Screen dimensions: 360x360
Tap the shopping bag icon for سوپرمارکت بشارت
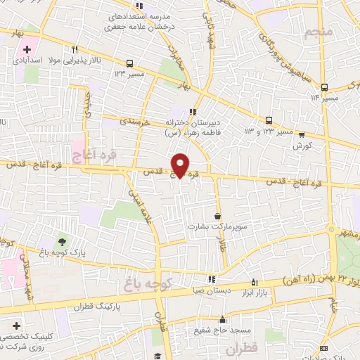(x=217, y=216)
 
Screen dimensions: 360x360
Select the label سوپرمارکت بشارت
(x=217, y=226)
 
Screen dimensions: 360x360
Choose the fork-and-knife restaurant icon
(x=75, y=49)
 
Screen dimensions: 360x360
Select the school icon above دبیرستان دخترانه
(x=193, y=110)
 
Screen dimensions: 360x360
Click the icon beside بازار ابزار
(x=254, y=282)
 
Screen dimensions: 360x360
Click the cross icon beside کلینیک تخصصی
(x=16, y=326)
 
